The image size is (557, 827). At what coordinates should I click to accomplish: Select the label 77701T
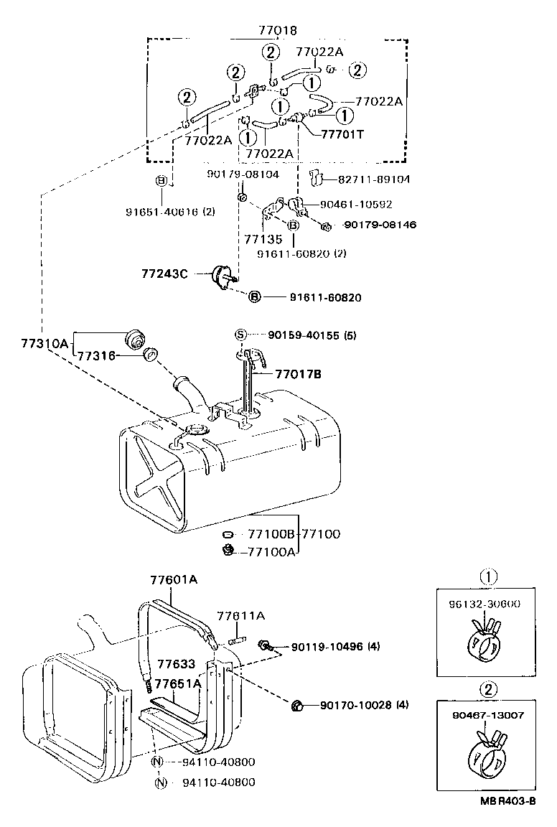(343, 134)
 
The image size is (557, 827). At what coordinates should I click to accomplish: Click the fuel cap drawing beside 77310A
(134, 337)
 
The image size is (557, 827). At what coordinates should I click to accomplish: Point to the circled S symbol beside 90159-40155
(241, 335)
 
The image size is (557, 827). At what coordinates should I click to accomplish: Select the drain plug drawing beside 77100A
(229, 551)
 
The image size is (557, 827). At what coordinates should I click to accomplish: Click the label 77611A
(240, 616)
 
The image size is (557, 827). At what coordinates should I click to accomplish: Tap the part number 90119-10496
(327, 646)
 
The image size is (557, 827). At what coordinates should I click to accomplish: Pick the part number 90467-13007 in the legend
(488, 715)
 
